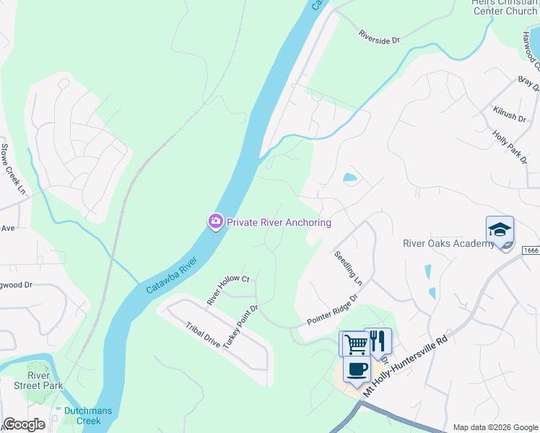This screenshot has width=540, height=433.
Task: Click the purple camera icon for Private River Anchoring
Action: tap(215, 222)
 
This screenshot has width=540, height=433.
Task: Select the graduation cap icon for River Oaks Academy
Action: tap(500, 230)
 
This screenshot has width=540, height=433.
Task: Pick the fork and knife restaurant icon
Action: tap(378, 341)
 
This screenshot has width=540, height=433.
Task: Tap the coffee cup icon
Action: tap(355, 369)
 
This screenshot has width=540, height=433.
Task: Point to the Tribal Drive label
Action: tap(203, 335)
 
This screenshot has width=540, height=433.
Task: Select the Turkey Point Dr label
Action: tap(240, 328)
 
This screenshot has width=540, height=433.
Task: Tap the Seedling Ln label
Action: tap(347, 266)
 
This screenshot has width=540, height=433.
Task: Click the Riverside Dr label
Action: tap(380, 37)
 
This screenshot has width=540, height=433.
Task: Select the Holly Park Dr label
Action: tap(509, 147)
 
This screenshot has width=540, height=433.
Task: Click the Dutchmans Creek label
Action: tap(82, 416)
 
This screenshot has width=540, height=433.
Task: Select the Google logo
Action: tap(25, 424)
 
